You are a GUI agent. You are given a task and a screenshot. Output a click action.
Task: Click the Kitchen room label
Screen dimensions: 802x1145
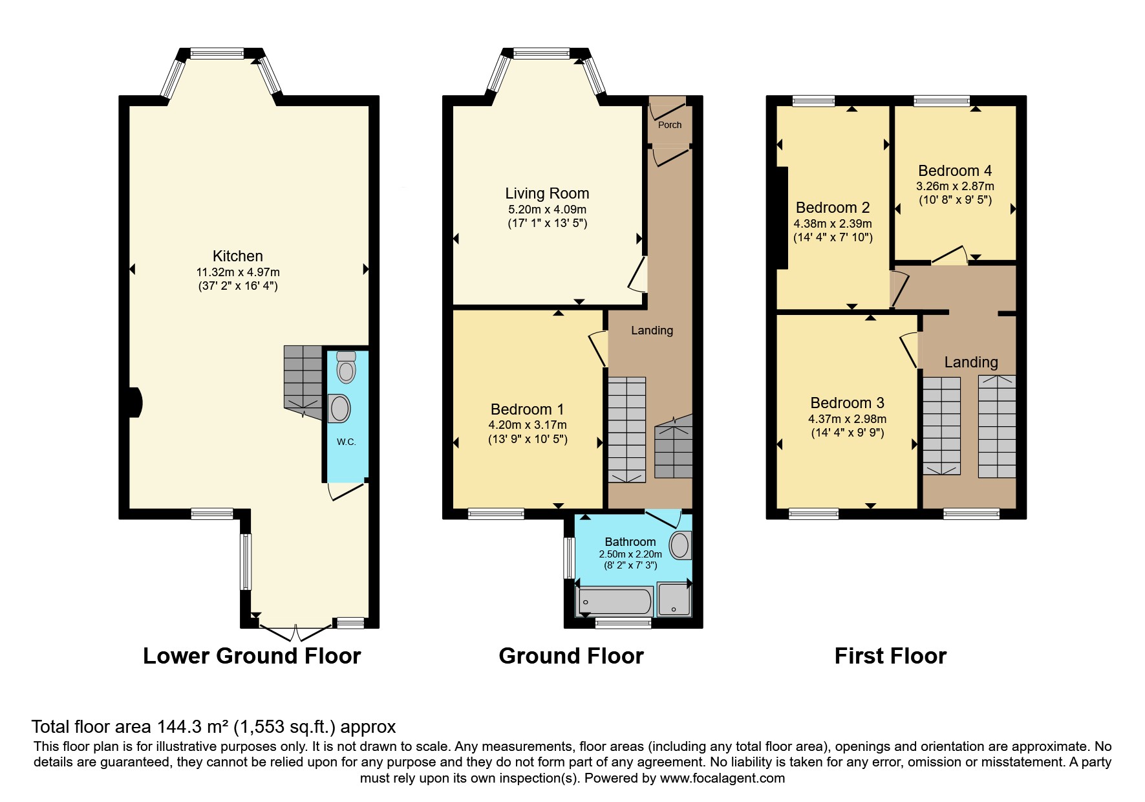pyautogui.click(x=238, y=256)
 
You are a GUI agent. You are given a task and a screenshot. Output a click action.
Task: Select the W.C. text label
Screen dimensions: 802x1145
pyautogui.click(x=346, y=442)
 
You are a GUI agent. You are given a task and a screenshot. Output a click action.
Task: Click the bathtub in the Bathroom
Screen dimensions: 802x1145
pyautogui.click(x=614, y=601)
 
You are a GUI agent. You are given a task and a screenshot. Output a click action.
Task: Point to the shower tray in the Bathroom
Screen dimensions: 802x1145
pyautogui.click(x=674, y=599)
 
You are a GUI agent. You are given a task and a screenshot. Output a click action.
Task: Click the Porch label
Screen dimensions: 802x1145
pyautogui.click(x=670, y=125)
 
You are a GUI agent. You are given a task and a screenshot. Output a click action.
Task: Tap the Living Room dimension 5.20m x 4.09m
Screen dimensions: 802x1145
pyautogui.click(x=547, y=210)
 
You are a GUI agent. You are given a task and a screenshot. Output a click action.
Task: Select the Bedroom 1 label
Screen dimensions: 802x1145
pyautogui.click(x=527, y=409)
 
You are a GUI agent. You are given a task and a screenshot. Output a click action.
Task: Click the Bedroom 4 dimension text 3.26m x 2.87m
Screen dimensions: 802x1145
pyautogui.click(x=955, y=186)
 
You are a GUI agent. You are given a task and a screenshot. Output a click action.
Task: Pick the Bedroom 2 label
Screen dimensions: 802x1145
pyautogui.click(x=833, y=208)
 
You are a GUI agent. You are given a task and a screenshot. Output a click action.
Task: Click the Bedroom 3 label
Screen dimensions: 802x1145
pyautogui.click(x=847, y=403)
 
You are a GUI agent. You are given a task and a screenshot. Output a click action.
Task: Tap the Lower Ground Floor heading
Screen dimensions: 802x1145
pyautogui.click(x=251, y=656)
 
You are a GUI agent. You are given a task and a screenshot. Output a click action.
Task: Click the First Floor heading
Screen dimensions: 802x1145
pyautogui.click(x=890, y=656)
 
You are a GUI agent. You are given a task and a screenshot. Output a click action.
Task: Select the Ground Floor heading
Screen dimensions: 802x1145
pyautogui.click(x=571, y=656)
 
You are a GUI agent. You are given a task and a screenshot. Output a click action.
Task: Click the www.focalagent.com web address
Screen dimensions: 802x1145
pyautogui.click(x=722, y=778)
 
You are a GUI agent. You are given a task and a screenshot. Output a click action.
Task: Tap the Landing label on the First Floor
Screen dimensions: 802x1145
pyautogui.click(x=971, y=362)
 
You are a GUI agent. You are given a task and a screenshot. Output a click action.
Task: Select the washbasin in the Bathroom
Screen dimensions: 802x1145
pyautogui.click(x=680, y=545)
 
